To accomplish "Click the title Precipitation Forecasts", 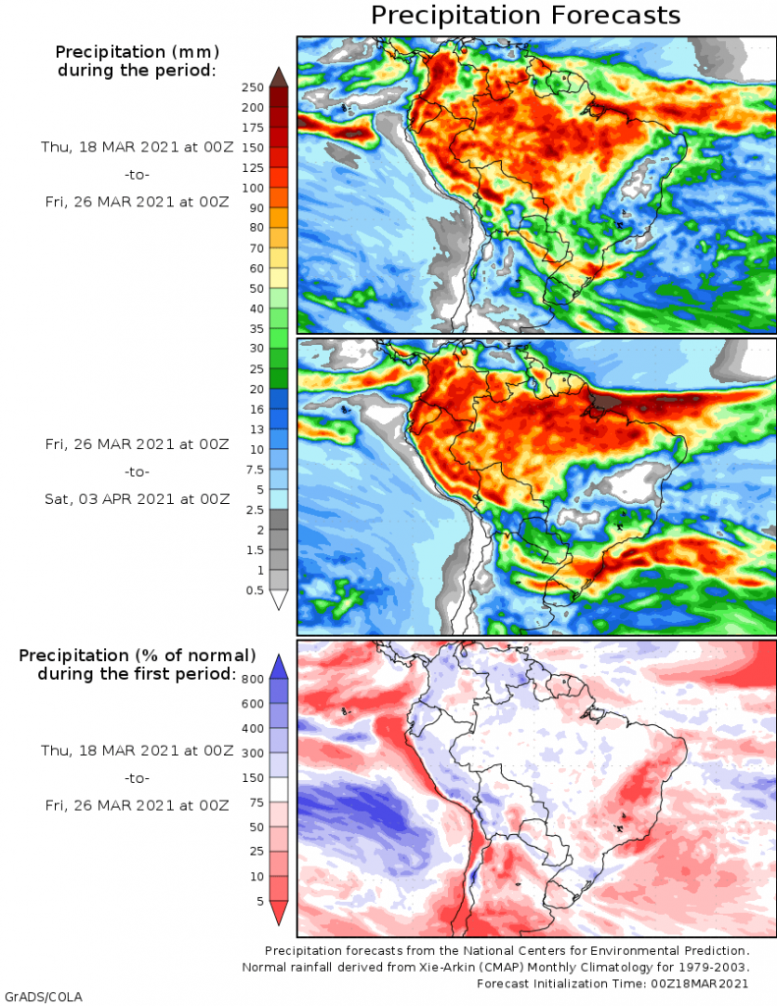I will pos(526,16).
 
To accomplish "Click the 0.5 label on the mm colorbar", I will pos(253,589).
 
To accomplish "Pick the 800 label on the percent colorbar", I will pos(252,678).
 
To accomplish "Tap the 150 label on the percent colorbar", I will pos(252,777).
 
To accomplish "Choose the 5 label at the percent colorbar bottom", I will pos(258,901).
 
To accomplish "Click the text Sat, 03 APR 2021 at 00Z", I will pos(137,498).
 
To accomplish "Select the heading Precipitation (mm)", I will pos(137,51).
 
